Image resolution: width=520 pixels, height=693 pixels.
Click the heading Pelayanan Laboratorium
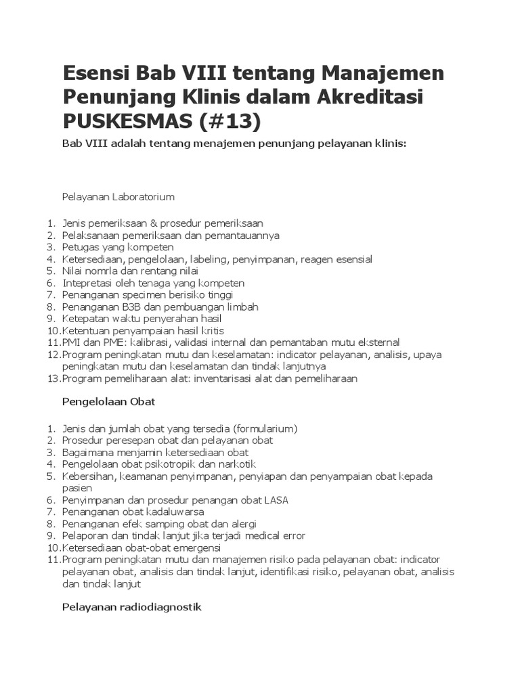(118, 197)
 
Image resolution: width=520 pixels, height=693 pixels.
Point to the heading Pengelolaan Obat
(109, 401)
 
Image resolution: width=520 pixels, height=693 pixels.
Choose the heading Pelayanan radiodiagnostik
(132, 607)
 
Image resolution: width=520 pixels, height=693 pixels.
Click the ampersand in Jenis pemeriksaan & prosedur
(163, 223)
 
